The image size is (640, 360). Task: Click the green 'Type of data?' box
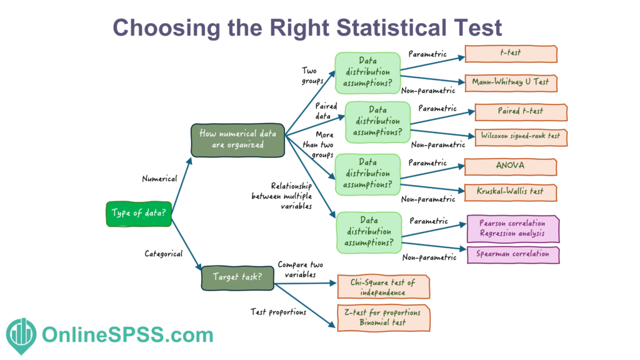pos(138,212)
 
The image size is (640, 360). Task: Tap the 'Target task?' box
pos(237,277)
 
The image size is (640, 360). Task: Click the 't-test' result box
pos(511,54)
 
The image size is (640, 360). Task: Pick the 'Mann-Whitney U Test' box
pos(511,82)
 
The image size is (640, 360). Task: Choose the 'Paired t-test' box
pos(521,112)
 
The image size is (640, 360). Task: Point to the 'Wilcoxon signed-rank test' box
pos(521,136)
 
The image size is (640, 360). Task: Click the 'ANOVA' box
pos(511,166)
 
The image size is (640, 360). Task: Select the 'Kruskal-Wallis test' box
pos(511,192)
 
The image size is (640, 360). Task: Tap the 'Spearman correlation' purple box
pos(513,254)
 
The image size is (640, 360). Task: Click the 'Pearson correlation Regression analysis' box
pos(513,229)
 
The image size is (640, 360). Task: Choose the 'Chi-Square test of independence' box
pos(382,287)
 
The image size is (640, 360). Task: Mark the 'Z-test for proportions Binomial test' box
pos(382,317)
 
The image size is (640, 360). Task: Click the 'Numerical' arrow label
pos(159,178)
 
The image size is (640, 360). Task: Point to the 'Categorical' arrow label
pos(164,254)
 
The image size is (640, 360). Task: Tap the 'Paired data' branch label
pos(326,111)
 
